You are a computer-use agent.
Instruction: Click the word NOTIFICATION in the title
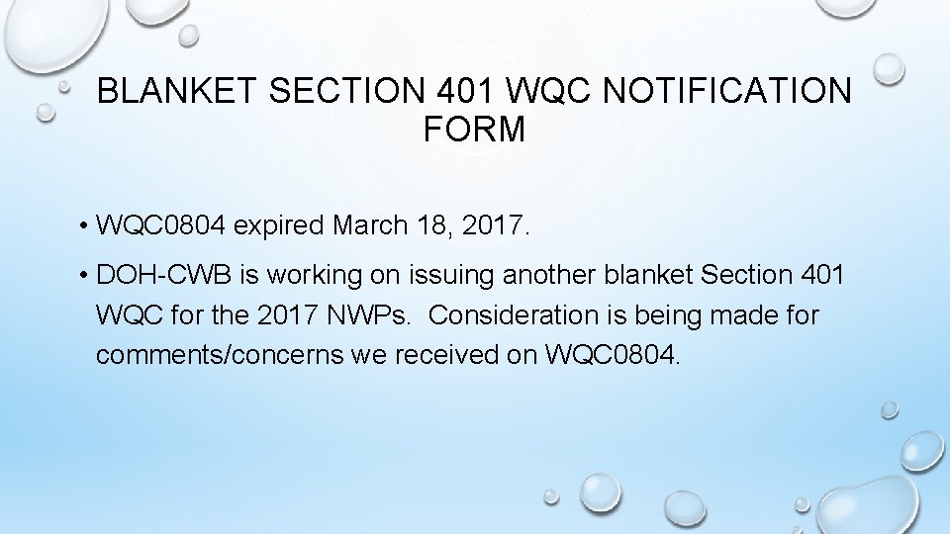(726, 91)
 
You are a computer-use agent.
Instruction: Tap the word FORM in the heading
(474, 130)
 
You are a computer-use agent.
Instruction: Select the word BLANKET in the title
(177, 91)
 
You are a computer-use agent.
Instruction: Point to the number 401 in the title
(466, 91)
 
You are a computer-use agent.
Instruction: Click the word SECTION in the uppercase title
(346, 91)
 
